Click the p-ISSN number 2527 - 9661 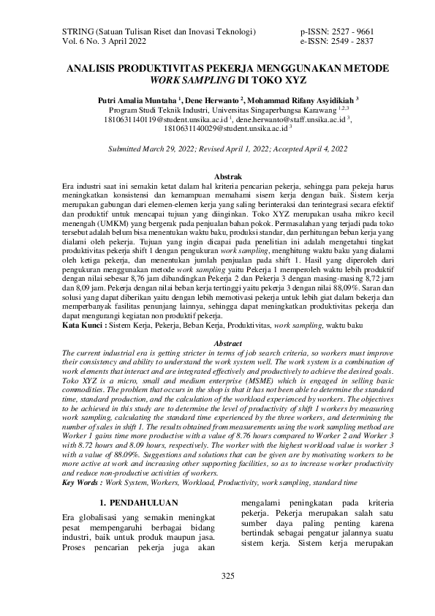pyautogui.click(x=353, y=33)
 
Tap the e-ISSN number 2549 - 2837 pyautogui.click(x=353, y=43)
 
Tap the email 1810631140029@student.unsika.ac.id pyautogui.click(x=225, y=127)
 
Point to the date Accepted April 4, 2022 pyautogui.click(x=310, y=148)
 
